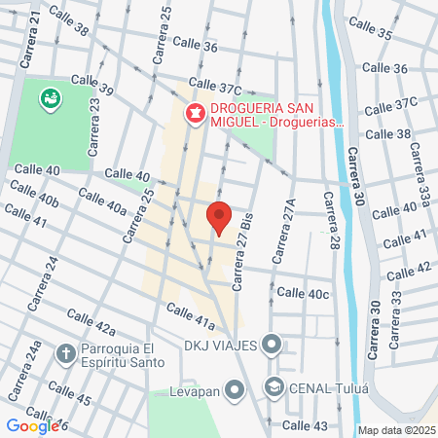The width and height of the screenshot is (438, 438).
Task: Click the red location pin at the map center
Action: [x=218, y=217]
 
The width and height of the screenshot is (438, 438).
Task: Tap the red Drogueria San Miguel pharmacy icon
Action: [x=195, y=114]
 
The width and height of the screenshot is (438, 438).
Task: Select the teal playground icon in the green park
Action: [x=49, y=97]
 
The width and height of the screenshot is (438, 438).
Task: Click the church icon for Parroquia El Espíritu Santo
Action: [x=65, y=351]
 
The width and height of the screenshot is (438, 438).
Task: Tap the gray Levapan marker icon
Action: [x=234, y=391]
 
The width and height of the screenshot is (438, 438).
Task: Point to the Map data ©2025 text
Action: [x=397, y=430]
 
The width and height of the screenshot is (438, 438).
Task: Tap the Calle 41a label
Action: [x=190, y=313]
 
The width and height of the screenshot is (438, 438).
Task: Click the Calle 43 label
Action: [x=306, y=425]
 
